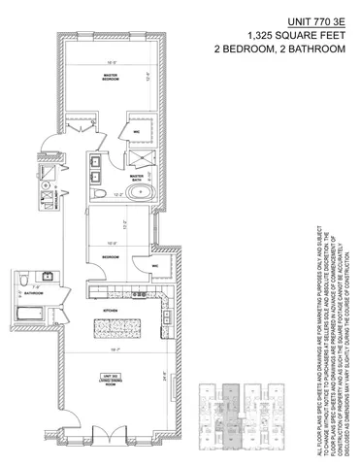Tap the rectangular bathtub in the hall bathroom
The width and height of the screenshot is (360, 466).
pos(31,316)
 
